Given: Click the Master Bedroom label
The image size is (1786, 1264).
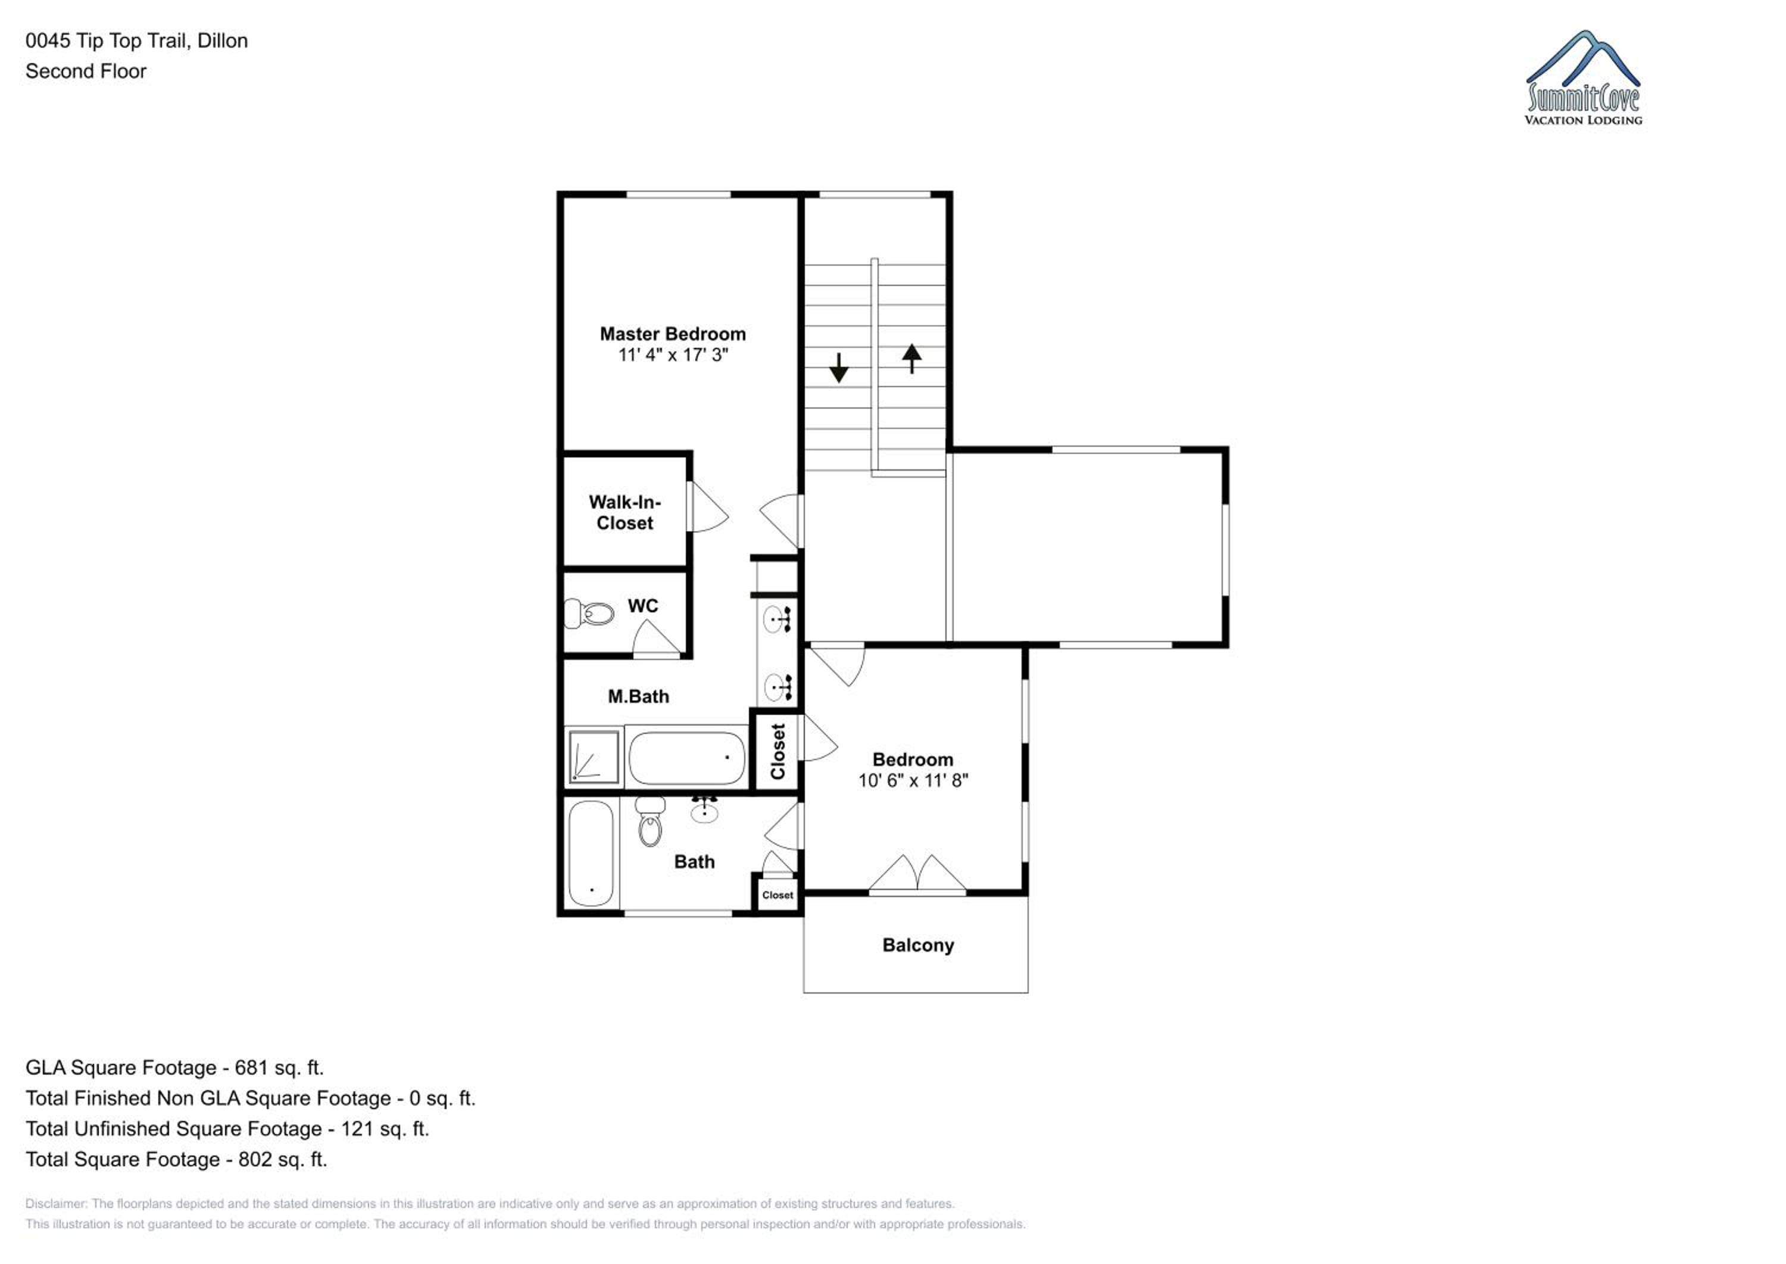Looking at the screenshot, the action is (x=673, y=334).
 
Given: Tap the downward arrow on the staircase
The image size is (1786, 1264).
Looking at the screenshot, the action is (x=839, y=368).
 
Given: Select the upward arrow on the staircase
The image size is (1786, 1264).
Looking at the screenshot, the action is (x=911, y=359).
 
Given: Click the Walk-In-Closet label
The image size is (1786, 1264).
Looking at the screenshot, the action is (x=625, y=513).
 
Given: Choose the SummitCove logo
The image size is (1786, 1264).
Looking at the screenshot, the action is (x=1583, y=78).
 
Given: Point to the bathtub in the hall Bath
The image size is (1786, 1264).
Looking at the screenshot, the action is (x=591, y=854).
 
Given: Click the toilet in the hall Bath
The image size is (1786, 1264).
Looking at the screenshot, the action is (x=650, y=821).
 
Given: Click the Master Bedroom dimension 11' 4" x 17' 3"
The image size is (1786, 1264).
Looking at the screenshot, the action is (x=673, y=355).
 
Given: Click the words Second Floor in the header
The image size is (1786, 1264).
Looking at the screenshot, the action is (x=86, y=71).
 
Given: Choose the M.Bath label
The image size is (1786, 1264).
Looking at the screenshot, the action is (x=639, y=696).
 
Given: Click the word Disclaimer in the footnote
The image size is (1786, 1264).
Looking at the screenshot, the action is (x=55, y=1203).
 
